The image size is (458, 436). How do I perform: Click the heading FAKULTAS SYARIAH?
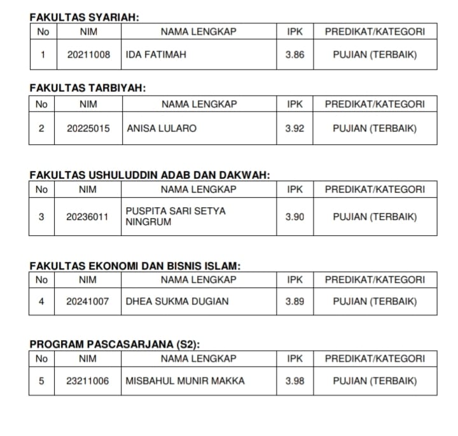[x=84, y=18]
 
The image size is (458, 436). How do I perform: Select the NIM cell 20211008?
[x=88, y=55]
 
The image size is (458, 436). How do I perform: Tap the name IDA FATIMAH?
[x=156, y=55]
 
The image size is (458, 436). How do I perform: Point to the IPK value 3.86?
[x=295, y=55]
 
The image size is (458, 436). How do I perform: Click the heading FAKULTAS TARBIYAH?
[x=88, y=88]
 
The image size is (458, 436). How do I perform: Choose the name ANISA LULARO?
[x=162, y=128]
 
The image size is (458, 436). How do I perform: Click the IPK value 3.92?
[x=295, y=128]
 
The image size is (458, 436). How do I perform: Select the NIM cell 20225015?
[x=88, y=128]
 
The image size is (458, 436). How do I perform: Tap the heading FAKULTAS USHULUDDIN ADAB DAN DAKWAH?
[x=150, y=175]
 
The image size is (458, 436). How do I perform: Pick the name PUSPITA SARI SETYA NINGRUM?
[x=176, y=217]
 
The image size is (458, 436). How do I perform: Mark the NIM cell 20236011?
[x=87, y=217]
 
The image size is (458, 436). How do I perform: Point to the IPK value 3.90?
[x=295, y=217]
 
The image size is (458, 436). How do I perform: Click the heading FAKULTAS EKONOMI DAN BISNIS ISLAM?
[x=135, y=266]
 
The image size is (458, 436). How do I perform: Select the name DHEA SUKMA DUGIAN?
[x=177, y=301]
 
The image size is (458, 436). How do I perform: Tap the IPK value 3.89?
[x=295, y=301]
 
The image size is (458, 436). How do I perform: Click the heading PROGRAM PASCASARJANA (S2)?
[x=115, y=344]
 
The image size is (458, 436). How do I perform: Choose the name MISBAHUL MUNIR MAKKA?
[x=185, y=381]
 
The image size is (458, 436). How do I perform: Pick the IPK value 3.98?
[x=295, y=381]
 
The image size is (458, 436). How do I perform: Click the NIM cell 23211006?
[x=87, y=381]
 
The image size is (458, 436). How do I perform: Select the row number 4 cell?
[x=41, y=301]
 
